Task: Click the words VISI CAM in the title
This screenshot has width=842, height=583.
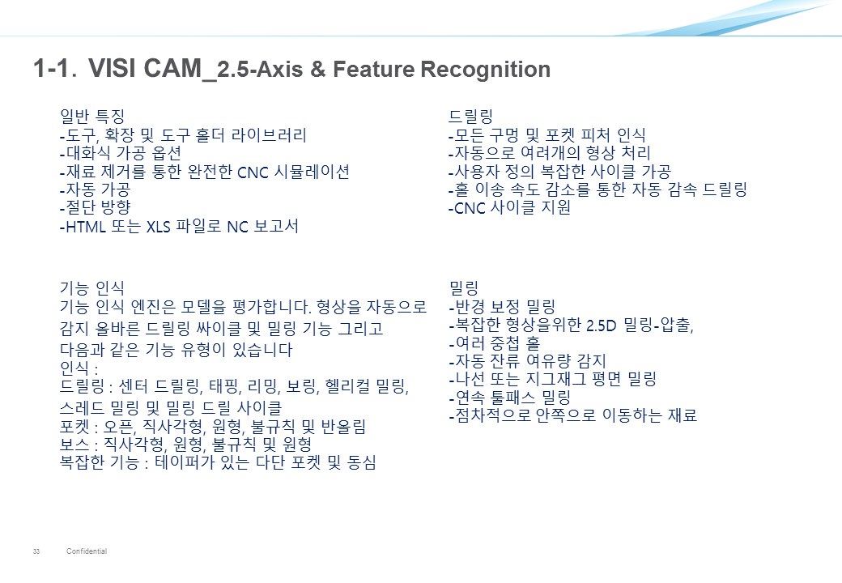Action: [144, 68]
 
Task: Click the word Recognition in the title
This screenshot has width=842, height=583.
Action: [486, 70]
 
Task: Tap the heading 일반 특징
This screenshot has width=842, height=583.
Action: [92, 116]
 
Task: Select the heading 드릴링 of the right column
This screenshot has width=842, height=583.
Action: [471, 116]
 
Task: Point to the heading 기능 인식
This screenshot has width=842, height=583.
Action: [91, 288]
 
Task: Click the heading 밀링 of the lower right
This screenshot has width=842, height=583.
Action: [463, 288]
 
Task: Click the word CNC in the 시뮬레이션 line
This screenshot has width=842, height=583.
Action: [253, 172]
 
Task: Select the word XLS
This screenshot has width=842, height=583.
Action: [159, 227]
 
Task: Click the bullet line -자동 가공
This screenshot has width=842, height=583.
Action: [95, 189]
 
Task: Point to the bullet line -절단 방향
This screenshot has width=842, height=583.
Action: [95, 207]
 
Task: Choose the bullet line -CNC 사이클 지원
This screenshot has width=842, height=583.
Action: [509, 207]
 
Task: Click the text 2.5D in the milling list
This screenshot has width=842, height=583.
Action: [601, 326]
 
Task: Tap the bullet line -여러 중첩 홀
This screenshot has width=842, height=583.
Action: [495, 343]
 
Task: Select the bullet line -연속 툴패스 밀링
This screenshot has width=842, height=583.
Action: [509, 398]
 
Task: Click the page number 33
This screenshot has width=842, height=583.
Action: [36, 551]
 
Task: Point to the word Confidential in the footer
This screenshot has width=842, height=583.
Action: [87, 551]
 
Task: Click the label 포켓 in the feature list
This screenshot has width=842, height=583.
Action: [74, 428]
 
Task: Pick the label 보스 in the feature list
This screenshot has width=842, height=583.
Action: [74, 445]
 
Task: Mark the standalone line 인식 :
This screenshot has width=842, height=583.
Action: [79, 368]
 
